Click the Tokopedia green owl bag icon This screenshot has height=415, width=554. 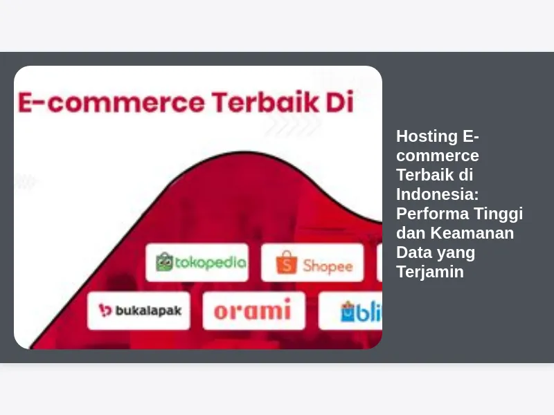[164, 262]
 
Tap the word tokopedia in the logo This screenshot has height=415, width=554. [211, 263]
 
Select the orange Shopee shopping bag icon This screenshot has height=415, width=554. [287, 263]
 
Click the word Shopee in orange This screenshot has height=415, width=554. [328, 266]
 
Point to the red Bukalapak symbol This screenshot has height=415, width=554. [105, 310]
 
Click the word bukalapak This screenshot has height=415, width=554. [149, 311]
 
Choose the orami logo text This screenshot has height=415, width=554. [252, 309]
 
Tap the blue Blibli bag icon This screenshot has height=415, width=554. [348, 311]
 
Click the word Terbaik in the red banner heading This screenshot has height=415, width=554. [265, 102]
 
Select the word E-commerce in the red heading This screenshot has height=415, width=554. [111, 102]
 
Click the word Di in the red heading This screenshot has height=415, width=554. [339, 102]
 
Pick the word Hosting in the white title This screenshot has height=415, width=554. [427, 136]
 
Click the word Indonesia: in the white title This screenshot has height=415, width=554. [438, 194]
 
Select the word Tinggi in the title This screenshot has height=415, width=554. [498, 214]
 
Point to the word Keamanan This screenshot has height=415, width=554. [472, 233]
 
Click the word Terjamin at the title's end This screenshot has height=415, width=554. [430, 272]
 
